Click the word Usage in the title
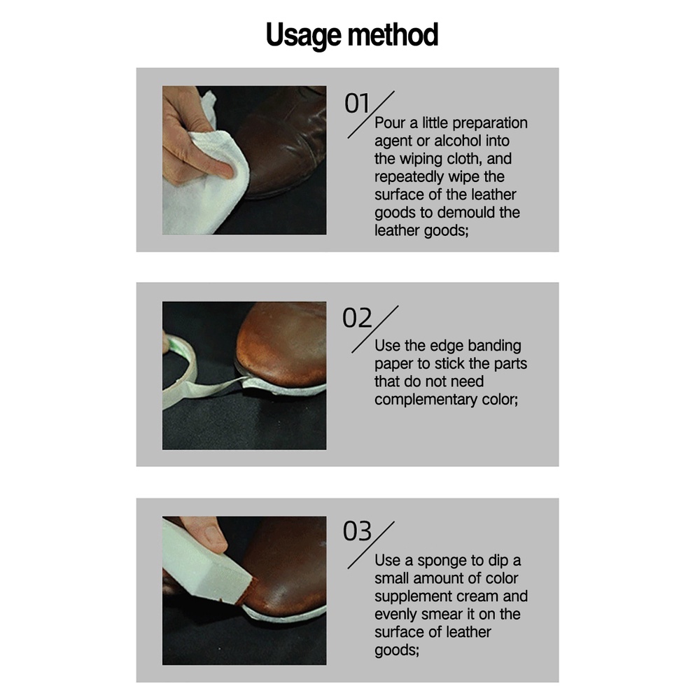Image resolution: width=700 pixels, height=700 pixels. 303,36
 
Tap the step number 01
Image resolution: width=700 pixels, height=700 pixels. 357,104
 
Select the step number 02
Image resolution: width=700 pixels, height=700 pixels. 357,318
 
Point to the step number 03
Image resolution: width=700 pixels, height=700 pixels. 357,531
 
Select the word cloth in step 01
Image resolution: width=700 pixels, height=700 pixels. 461,158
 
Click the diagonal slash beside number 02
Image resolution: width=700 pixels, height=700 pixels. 374,330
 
